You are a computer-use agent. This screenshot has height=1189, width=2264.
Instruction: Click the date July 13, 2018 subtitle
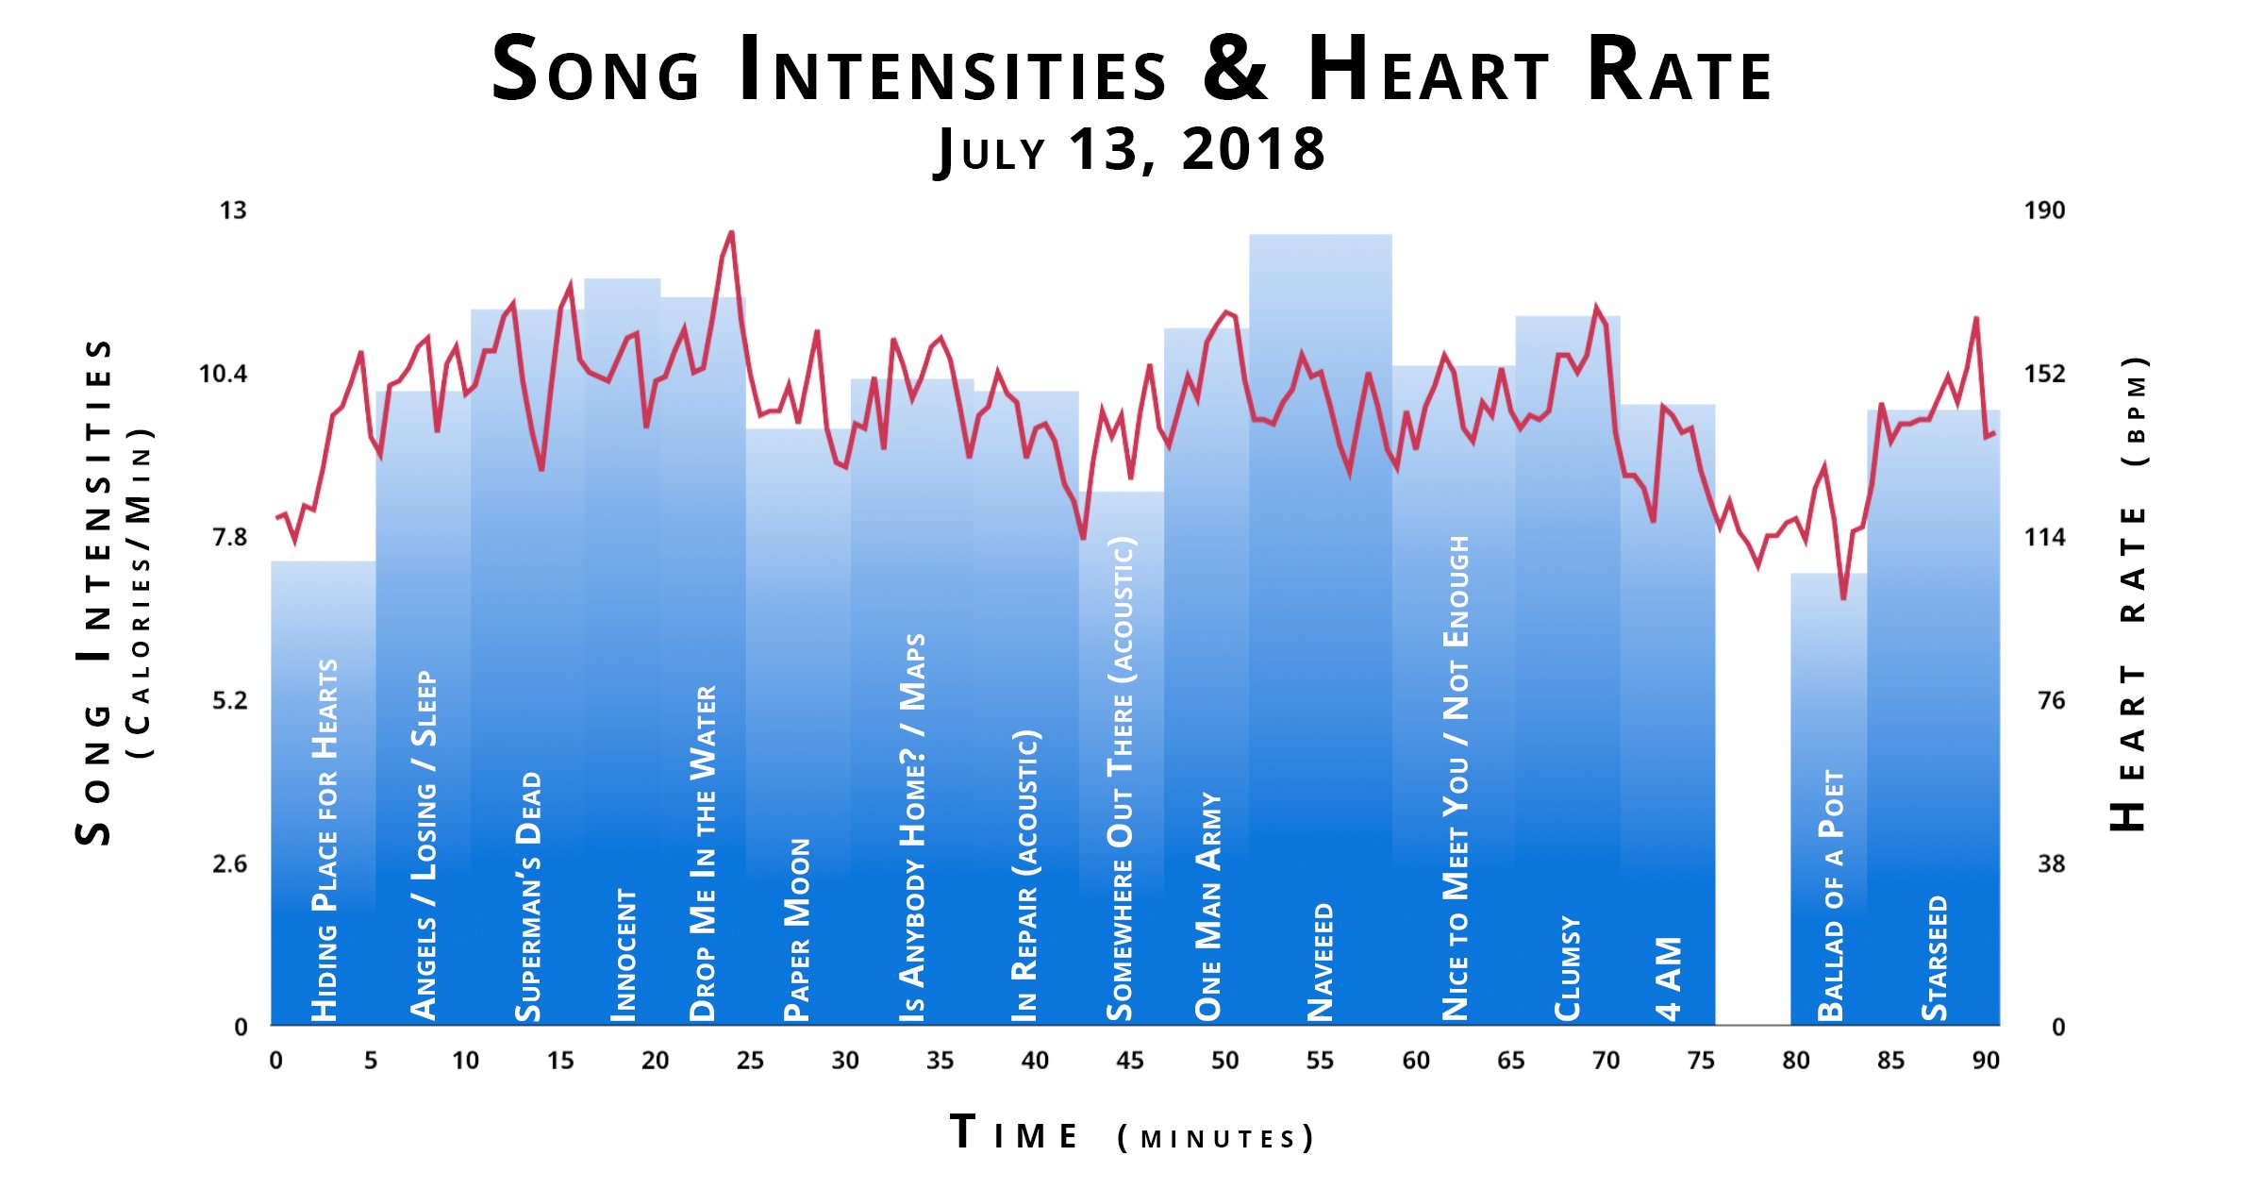[1130, 150]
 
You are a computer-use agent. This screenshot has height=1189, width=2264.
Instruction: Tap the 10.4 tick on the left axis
[223, 375]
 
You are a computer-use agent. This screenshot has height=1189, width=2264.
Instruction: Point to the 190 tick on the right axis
[2044, 210]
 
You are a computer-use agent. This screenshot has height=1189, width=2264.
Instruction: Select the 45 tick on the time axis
[1129, 1061]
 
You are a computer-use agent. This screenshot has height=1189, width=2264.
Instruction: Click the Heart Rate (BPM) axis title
[2130, 594]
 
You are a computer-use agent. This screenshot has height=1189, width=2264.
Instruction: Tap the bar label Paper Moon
[797, 929]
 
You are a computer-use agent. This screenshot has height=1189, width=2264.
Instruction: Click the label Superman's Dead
[528, 896]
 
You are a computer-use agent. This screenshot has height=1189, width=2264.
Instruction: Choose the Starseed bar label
[1935, 957]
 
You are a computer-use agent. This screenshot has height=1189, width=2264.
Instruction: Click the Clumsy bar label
[1567, 967]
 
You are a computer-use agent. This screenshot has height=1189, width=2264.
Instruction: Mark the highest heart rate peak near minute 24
[731, 233]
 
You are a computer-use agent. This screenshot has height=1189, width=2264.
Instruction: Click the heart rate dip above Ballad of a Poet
[1842, 597]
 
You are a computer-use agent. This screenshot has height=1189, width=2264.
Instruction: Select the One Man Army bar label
[1208, 906]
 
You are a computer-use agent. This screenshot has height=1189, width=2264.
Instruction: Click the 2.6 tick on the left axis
[229, 864]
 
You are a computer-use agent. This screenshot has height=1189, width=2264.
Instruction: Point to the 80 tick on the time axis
[1795, 1061]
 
